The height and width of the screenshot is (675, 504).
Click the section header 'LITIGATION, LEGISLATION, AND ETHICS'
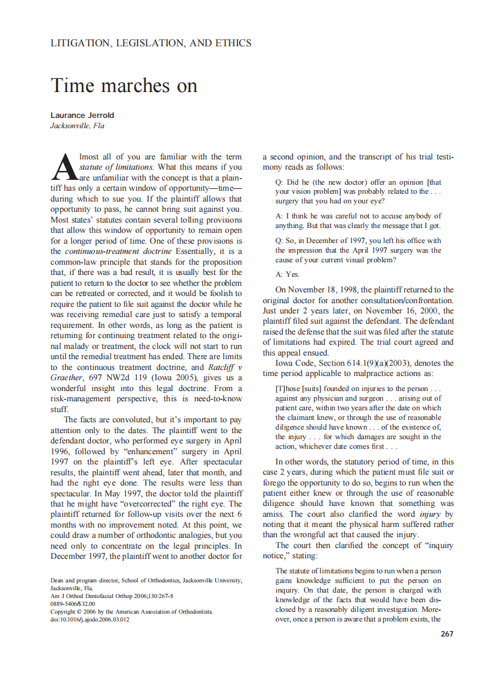point(151,43)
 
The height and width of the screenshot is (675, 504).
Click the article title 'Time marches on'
point(124,85)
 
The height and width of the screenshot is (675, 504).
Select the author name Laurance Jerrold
point(82,116)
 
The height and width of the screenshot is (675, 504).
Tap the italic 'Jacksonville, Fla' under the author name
point(77,126)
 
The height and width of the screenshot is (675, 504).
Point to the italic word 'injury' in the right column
point(431,514)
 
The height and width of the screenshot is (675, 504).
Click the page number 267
point(447,634)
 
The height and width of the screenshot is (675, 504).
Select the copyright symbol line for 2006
point(131,611)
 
